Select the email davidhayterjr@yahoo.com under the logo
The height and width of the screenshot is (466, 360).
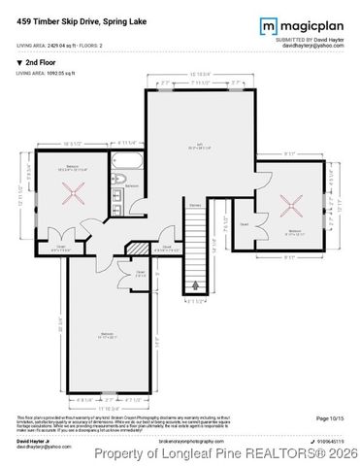click(312, 46)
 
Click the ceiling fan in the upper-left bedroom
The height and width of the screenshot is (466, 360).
click(69, 190)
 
